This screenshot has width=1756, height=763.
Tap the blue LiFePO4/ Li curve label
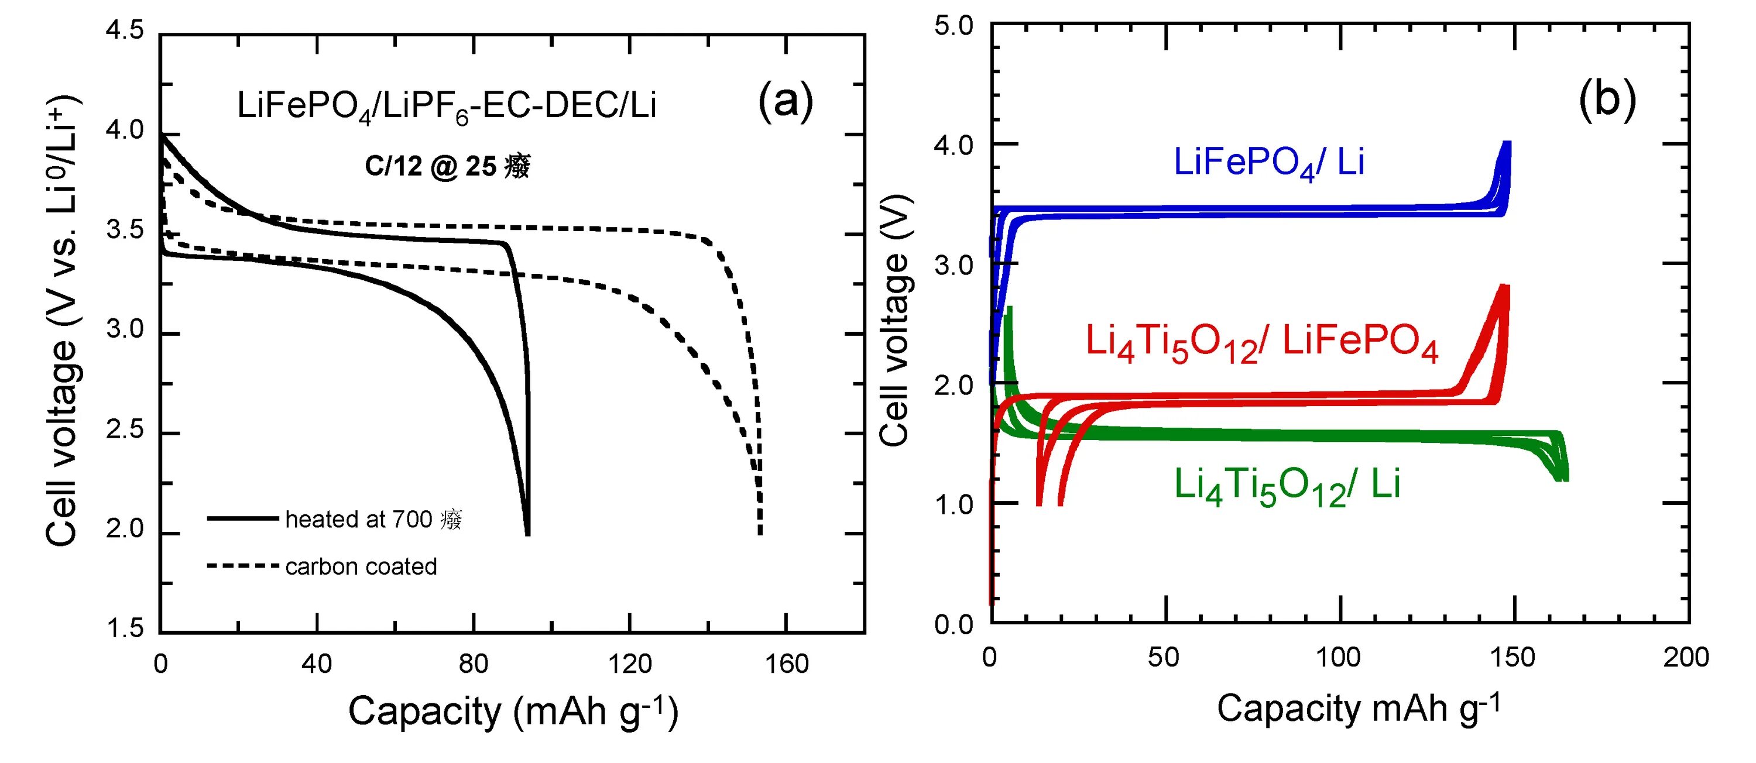coord(1268,163)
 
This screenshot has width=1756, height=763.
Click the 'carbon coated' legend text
coord(361,567)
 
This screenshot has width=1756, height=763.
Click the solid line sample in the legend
coord(243,519)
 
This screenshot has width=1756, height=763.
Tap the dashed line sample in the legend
coord(243,566)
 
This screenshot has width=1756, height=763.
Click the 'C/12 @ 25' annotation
coord(447,166)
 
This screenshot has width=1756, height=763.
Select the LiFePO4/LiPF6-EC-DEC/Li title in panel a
coord(447,107)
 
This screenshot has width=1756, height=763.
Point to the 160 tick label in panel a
coord(786,664)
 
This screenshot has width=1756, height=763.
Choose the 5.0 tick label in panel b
coord(954,26)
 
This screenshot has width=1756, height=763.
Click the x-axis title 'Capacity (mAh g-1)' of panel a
coord(513,712)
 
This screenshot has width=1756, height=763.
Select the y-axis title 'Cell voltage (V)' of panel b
coord(894,320)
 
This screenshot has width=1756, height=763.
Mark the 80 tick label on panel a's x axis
coord(473,664)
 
